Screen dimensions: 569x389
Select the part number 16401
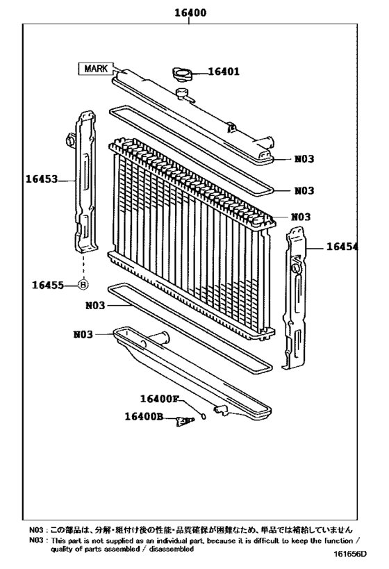pyautogui.click(x=224, y=72)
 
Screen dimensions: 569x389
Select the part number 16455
pyautogui.click(x=47, y=284)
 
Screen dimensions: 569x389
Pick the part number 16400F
pyautogui.click(x=159, y=399)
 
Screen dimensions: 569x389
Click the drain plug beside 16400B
pyautogui.click(x=185, y=421)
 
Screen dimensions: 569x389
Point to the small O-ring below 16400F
pyautogui.click(x=203, y=416)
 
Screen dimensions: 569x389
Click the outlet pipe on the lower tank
pyautogui.click(x=159, y=340)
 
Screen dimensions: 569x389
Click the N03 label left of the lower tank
pyautogui.click(x=83, y=334)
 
